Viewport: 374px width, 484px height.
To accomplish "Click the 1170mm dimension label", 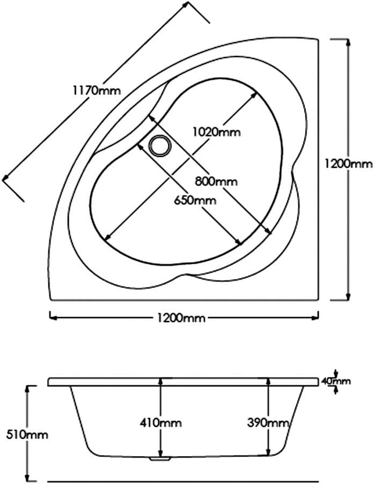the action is pyautogui.click(x=97, y=91).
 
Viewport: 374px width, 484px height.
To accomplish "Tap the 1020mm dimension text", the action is pyautogui.click(x=216, y=132).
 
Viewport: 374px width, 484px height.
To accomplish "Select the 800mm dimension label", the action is pyautogui.click(x=216, y=181).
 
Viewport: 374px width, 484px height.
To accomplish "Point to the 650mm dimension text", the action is pyautogui.click(x=195, y=200).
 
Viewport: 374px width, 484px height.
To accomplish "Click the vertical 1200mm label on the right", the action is pyautogui.click(x=349, y=163).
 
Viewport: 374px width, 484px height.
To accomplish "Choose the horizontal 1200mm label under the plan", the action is pyautogui.click(x=181, y=318).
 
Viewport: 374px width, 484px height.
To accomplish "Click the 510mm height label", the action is pyautogui.click(x=27, y=435).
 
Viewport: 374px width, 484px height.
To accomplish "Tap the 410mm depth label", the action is pyautogui.click(x=160, y=422).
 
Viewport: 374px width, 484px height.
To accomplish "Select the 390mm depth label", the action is pyautogui.click(x=268, y=422).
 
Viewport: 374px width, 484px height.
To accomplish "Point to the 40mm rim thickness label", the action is pyautogui.click(x=336, y=381).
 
